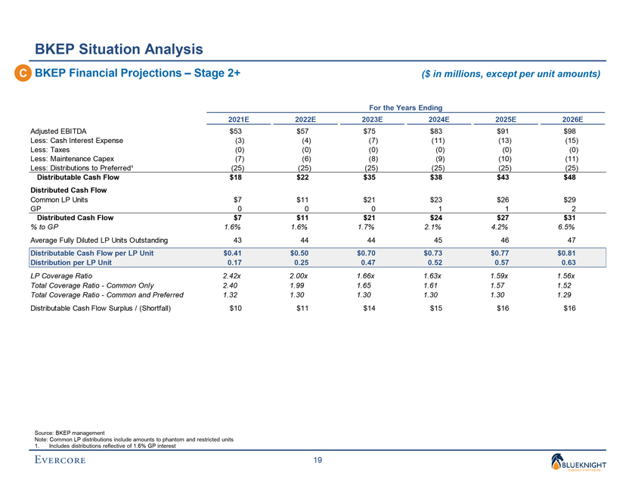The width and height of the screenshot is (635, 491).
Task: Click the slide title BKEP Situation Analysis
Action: click(119, 50)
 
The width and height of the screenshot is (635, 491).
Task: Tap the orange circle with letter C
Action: click(24, 74)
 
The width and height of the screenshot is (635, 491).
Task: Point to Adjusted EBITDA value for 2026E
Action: click(572, 132)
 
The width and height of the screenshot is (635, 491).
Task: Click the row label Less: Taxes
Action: click(50, 150)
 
